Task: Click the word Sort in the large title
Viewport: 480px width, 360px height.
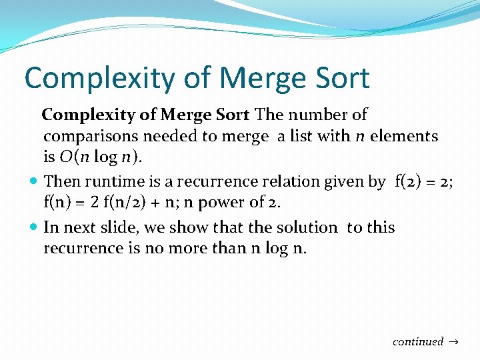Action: tap(338, 78)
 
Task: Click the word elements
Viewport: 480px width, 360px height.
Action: tap(404, 136)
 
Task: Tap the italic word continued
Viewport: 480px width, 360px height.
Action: tap(418, 341)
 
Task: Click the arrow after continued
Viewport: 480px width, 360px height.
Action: tap(455, 342)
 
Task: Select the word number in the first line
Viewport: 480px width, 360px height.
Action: tap(317, 115)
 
